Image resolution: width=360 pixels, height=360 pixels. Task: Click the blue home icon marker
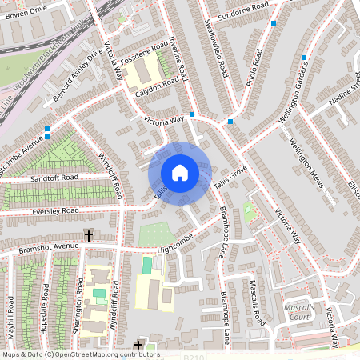pos(180,173)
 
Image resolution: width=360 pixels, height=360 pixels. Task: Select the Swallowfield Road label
pos(217,47)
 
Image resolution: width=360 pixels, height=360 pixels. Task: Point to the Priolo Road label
pos(255,68)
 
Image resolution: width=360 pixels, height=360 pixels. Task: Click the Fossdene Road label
pos(145,52)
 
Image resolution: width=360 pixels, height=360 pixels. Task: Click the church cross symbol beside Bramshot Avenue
pos(88,235)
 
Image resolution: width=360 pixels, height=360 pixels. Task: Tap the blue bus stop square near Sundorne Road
pos(274,23)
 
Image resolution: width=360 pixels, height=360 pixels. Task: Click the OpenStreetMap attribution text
pos(80,354)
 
